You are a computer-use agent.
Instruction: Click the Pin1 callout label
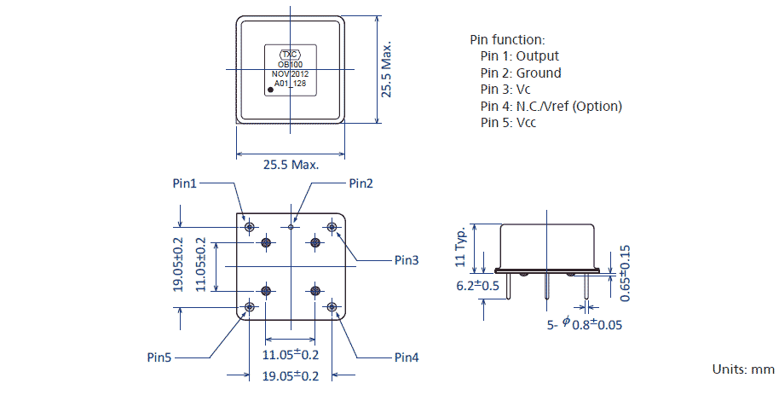click(185, 183)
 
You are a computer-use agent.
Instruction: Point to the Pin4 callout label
click(407, 357)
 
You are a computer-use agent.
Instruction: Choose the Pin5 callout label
click(159, 357)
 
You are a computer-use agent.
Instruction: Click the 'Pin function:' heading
click(507, 40)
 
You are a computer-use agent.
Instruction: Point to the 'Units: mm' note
click(743, 369)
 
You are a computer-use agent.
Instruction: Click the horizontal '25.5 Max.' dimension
click(291, 165)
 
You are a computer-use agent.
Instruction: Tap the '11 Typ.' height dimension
click(461, 246)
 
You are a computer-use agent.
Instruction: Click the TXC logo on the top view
click(290, 53)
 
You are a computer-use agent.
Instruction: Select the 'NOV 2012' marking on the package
click(290, 74)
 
